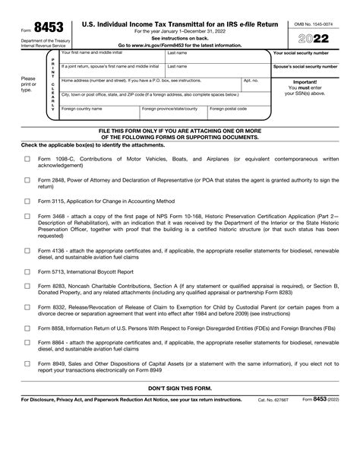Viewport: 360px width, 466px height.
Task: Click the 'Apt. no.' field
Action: point(254,87)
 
